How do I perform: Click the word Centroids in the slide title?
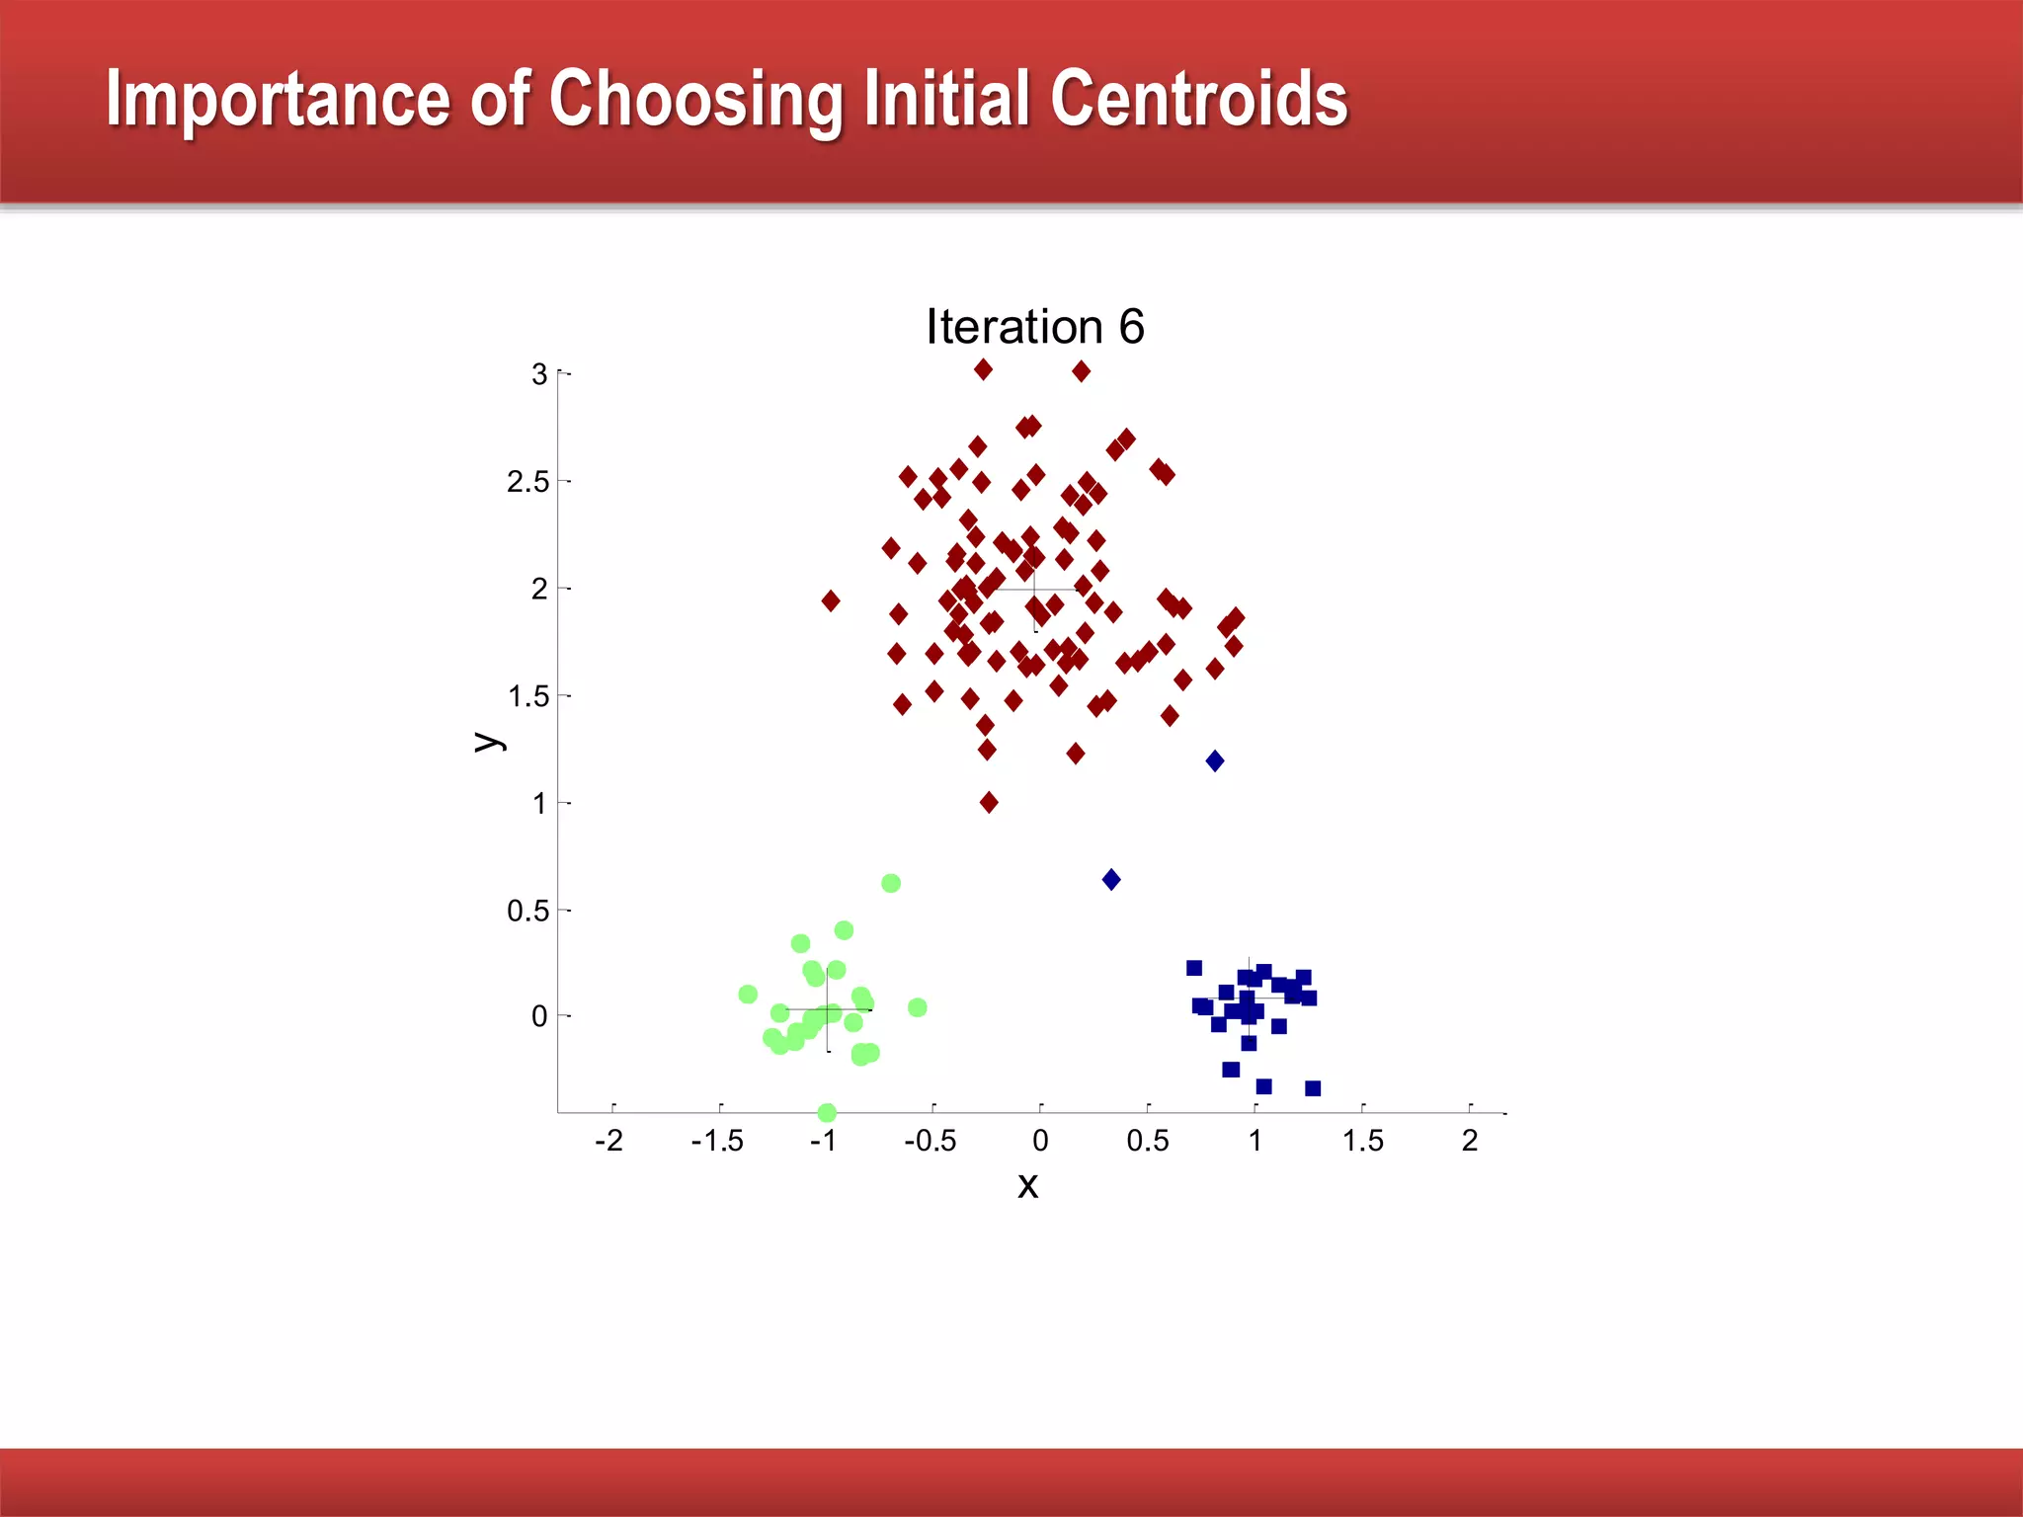point(1198,99)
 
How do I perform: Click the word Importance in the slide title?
point(278,101)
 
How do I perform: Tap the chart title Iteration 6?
point(1034,327)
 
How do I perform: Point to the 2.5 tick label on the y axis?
point(527,482)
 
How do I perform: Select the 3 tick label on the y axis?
point(539,374)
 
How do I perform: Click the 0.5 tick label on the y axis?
point(527,911)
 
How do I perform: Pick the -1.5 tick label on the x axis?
point(717,1142)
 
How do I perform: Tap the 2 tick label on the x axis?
point(1470,1142)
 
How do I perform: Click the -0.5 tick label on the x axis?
point(931,1142)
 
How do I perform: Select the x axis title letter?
point(1027,1185)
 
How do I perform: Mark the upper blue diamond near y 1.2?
point(1215,760)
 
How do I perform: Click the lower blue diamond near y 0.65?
point(1111,879)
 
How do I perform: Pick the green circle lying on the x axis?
point(828,1113)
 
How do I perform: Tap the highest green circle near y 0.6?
point(891,883)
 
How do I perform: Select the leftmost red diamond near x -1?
point(831,600)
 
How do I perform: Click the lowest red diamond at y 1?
point(989,802)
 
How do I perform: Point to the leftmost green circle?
point(748,994)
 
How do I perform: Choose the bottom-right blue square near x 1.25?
point(1313,1088)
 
